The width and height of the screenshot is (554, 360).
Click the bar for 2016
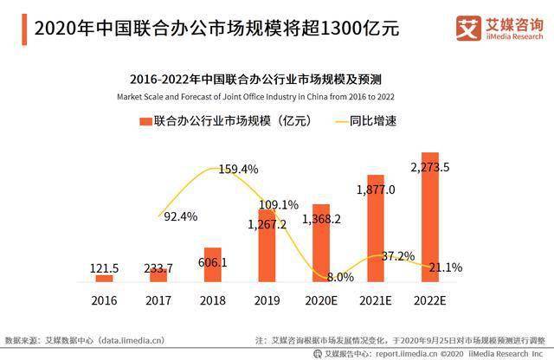point(104,278)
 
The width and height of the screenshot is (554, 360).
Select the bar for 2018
point(212,264)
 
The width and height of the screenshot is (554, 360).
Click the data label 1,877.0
point(375,189)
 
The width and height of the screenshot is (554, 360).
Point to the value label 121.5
point(105,268)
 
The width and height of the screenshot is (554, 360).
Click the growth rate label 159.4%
point(239,169)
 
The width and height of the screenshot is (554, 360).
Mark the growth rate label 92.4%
point(180,215)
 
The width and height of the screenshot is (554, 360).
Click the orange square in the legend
point(145,122)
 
